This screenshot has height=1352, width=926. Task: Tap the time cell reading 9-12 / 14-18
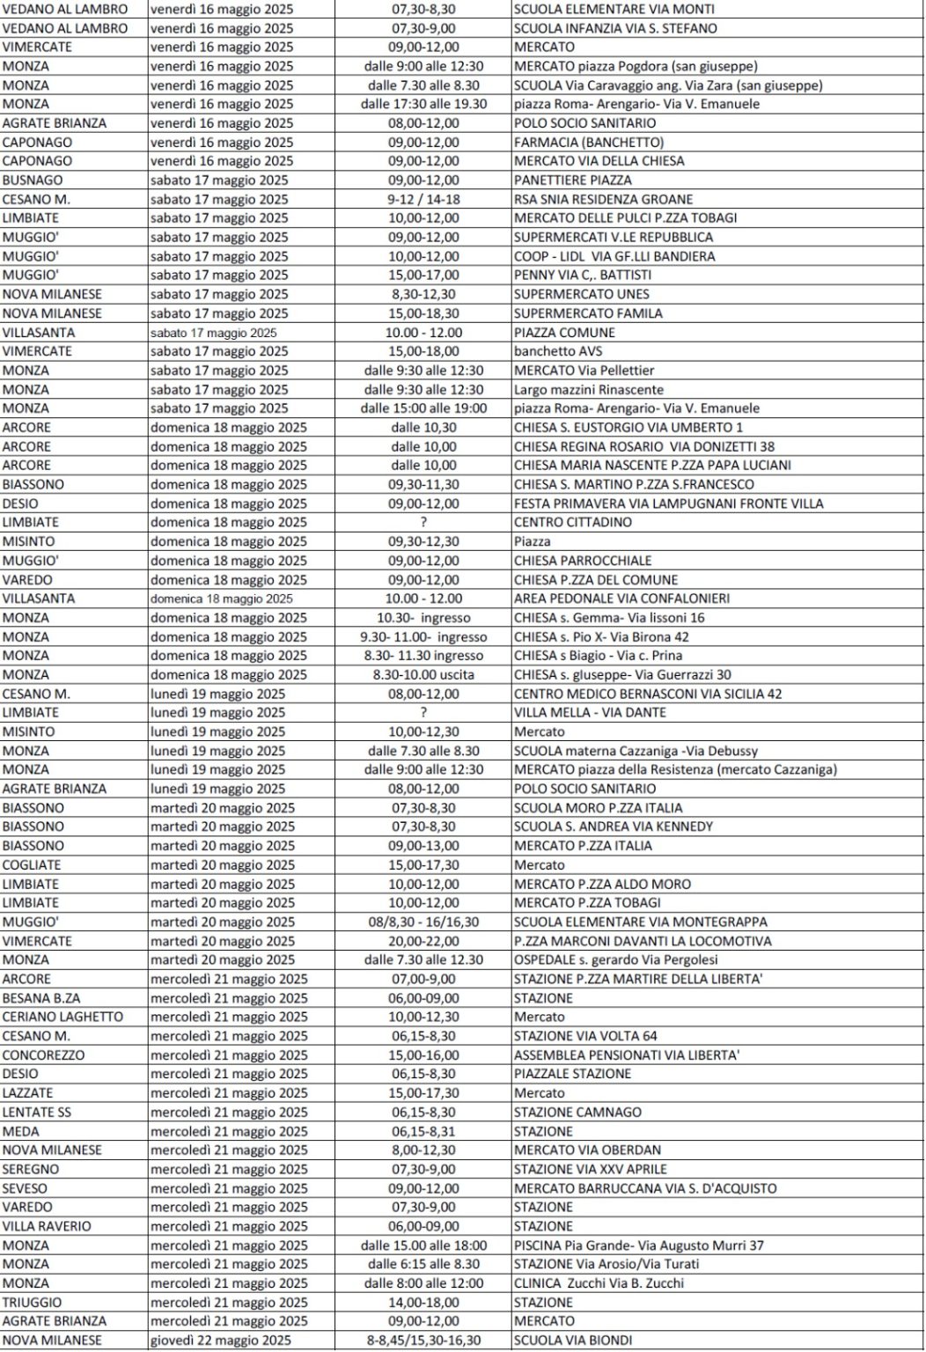423,200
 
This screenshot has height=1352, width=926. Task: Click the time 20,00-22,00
423,941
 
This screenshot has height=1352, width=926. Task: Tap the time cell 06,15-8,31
423,1132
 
